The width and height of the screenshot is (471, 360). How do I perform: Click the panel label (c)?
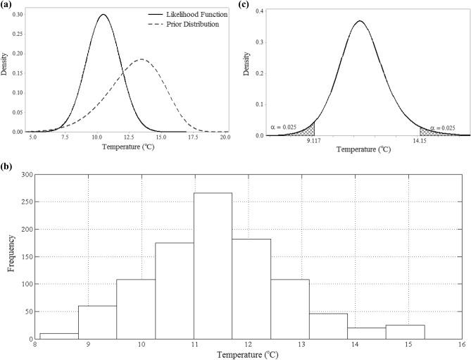[244, 5]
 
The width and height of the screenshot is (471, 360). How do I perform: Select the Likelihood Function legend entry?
[192, 14]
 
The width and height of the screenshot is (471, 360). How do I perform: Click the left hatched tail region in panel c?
[307, 130]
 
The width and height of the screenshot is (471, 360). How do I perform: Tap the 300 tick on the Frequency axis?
[27, 174]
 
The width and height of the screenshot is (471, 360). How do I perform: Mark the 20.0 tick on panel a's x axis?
[225, 138]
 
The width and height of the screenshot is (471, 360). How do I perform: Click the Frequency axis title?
[9, 256]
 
